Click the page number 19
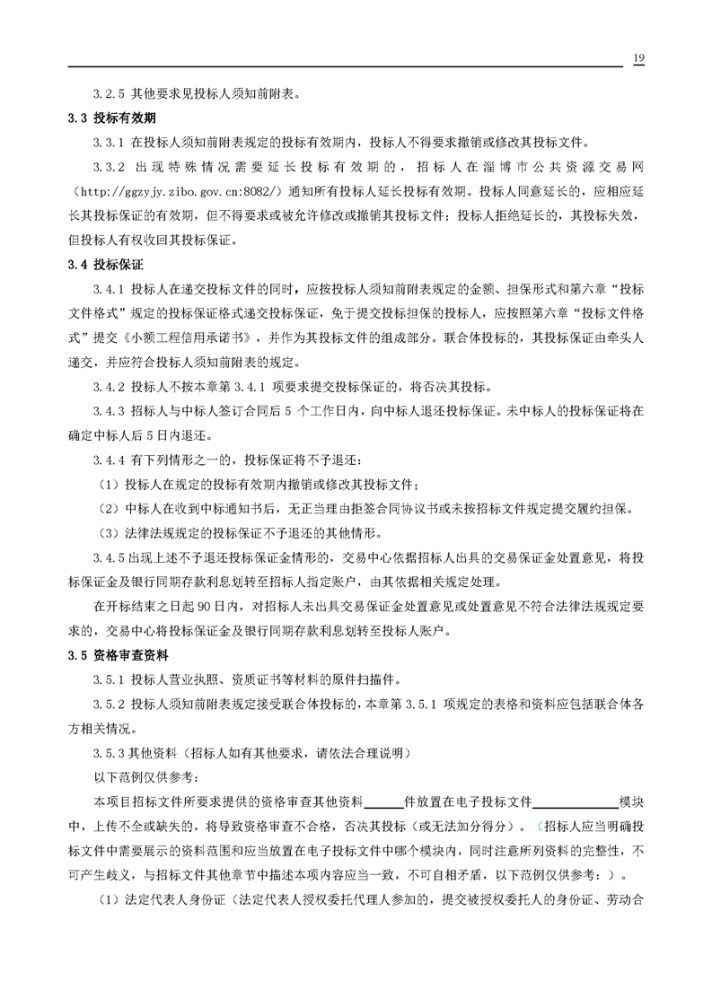[638, 58]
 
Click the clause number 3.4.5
[110, 557]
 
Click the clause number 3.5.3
[110, 752]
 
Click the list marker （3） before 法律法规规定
[109, 533]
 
